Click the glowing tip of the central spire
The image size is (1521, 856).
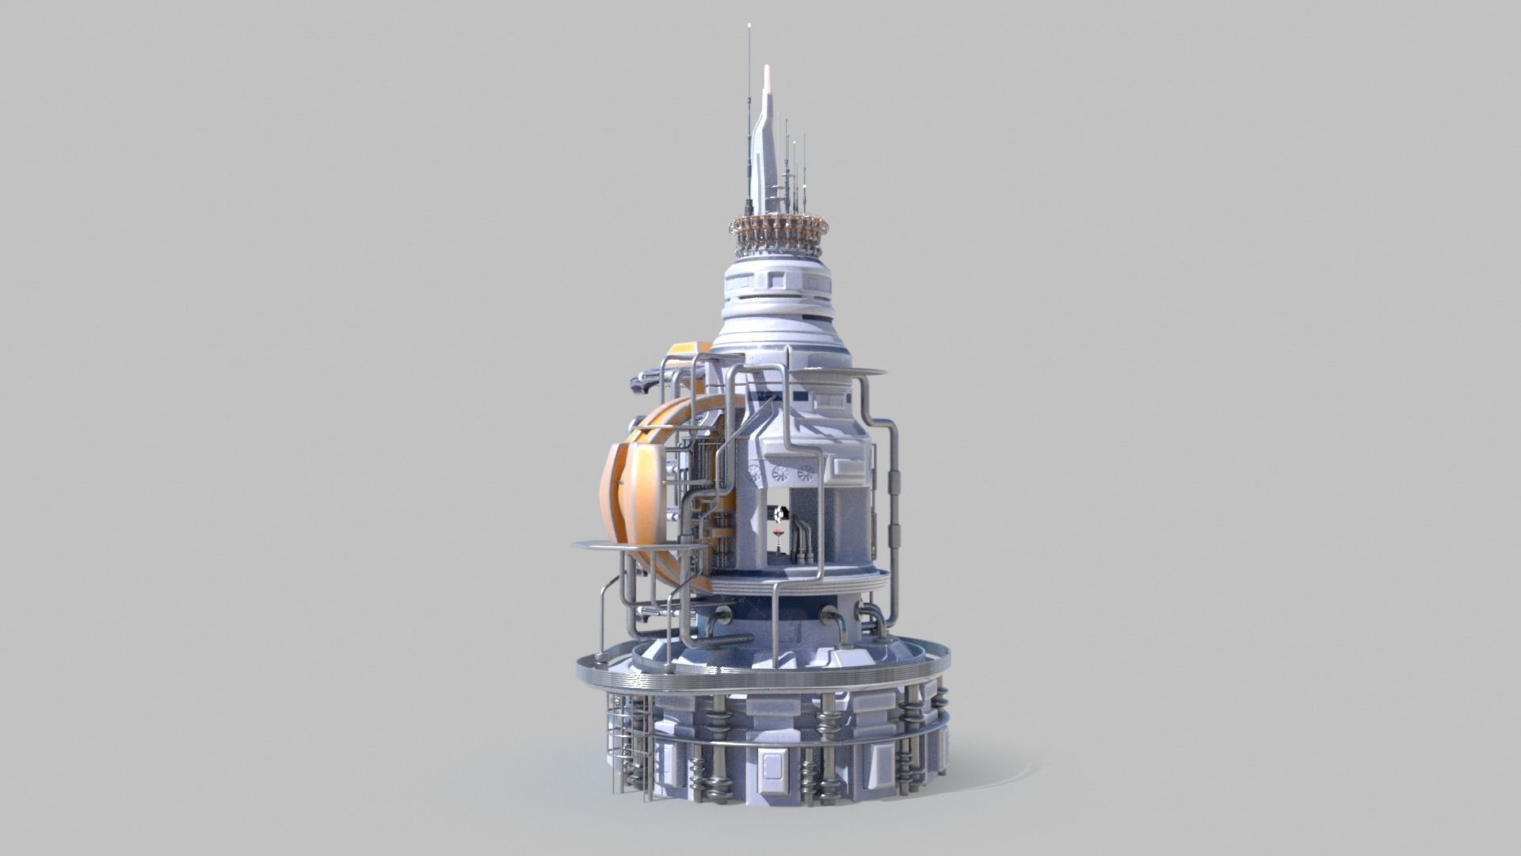coord(766,75)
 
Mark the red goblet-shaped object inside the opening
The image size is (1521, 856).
coord(780,532)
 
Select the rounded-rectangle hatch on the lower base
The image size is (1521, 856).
coord(768,765)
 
